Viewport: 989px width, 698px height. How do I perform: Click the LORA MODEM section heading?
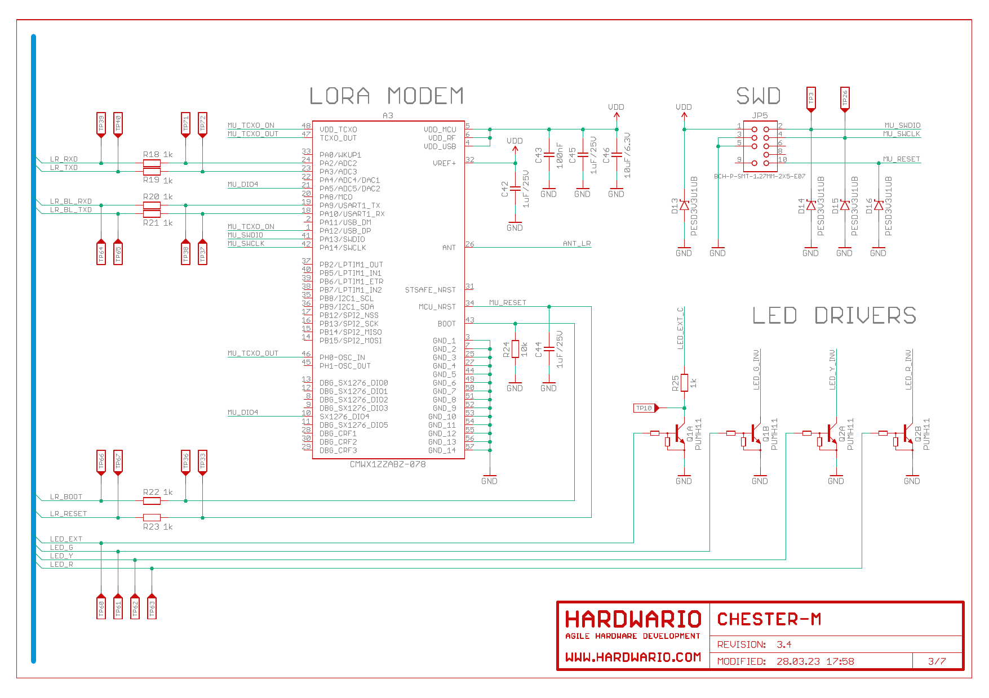pyautogui.click(x=387, y=96)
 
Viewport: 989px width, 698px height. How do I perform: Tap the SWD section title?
pyautogui.click(x=758, y=96)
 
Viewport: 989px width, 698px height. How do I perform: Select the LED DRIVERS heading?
pyautogui.click(x=834, y=316)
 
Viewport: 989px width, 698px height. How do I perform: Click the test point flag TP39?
pyautogui.click(x=101, y=124)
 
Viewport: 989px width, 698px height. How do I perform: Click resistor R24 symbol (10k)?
pyautogui.click(x=515, y=349)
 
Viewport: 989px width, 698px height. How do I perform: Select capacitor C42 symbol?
pyautogui.click(x=515, y=189)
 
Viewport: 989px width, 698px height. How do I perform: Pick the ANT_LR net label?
pyautogui.click(x=576, y=244)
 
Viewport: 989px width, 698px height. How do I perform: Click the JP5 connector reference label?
pyautogui.click(x=760, y=115)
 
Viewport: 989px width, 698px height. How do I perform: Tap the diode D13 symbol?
pyautogui.click(x=684, y=205)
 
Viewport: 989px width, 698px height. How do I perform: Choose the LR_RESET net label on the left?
pyautogui.click(x=68, y=514)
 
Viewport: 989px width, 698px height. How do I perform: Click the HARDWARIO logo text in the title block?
pyautogui.click(x=633, y=619)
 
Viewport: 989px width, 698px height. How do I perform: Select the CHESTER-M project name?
pyautogui.click(x=769, y=619)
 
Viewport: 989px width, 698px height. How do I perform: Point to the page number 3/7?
pyautogui.click(x=937, y=661)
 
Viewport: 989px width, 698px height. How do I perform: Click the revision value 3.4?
pyautogui.click(x=784, y=645)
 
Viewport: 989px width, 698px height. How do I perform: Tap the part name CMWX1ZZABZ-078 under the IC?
pyautogui.click(x=388, y=464)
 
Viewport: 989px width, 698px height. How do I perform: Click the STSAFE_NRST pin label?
pyautogui.click(x=430, y=290)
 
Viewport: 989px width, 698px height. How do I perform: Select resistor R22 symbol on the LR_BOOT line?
pyautogui.click(x=152, y=500)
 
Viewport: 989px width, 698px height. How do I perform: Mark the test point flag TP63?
pyautogui.click(x=152, y=607)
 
